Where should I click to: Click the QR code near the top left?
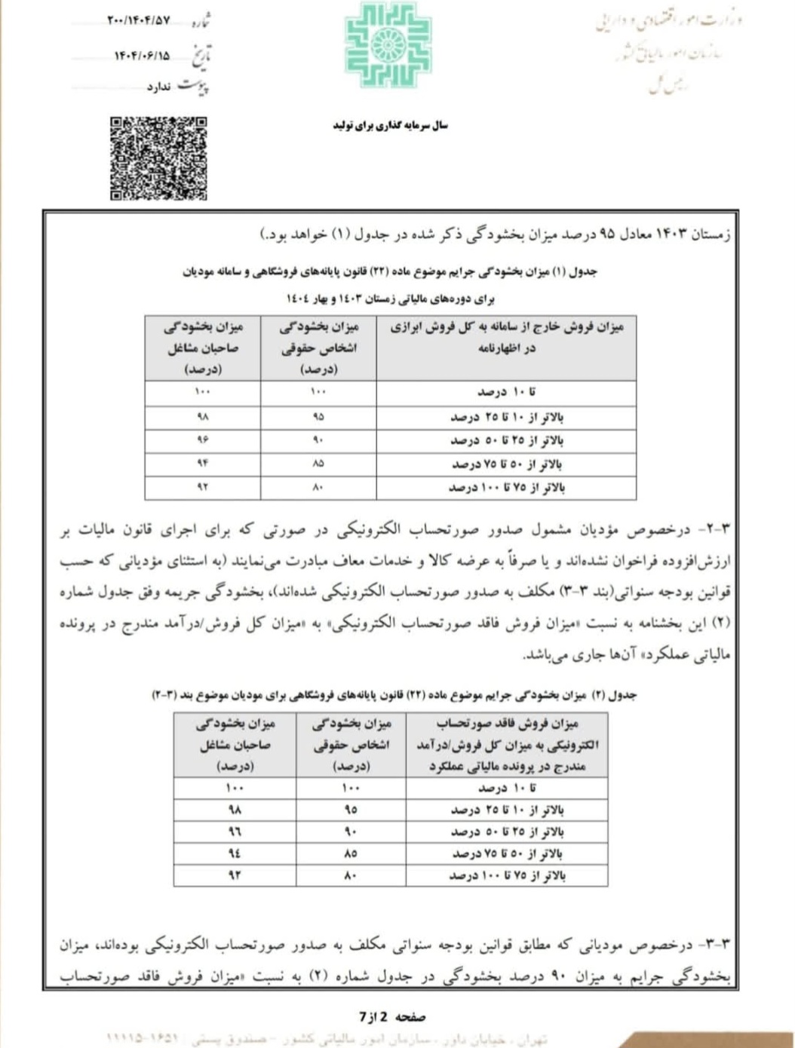click(x=158, y=158)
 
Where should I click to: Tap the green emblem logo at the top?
click(x=388, y=45)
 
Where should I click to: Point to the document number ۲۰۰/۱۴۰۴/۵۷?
click(x=140, y=21)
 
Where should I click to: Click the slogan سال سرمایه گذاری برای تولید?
click(x=390, y=125)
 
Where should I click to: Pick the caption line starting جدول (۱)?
click(x=390, y=271)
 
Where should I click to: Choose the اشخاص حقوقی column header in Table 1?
click(x=318, y=348)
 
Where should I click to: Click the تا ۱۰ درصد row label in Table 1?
click(x=506, y=393)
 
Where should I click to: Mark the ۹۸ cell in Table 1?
click(x=202, y=417)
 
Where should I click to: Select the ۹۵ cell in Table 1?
click(x=318, y=417)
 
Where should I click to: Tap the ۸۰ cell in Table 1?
click(x=318, y=488)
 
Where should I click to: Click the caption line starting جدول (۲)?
click(x=394, y=694)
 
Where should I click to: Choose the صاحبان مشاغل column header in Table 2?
click(x=235, y=745)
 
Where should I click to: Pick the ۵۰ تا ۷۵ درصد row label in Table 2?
click(x=507, y=853)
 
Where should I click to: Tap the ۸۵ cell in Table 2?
click(x=351, y=853)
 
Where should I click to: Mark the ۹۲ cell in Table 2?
click(x=235, y=875)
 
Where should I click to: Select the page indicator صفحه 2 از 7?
click(x=392, y=1017)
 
